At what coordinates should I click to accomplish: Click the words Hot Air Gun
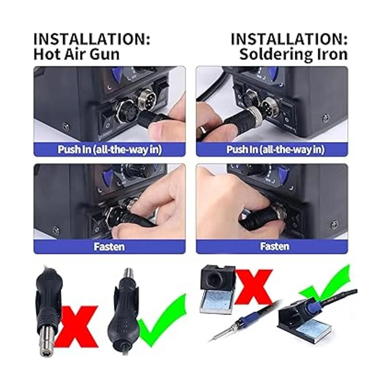tap(76, 54)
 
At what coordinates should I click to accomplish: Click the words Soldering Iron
tap(293, 54)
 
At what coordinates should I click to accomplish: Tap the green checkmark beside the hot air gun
tap(162, 322)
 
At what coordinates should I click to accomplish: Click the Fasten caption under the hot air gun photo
tap(109, 247)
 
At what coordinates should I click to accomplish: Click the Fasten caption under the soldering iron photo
tap(275, 246)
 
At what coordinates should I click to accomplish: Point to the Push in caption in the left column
tap(110, 149)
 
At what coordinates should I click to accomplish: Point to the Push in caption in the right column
tap(275, 149)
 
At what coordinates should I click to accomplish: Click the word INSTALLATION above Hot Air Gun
tap(92, 39)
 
